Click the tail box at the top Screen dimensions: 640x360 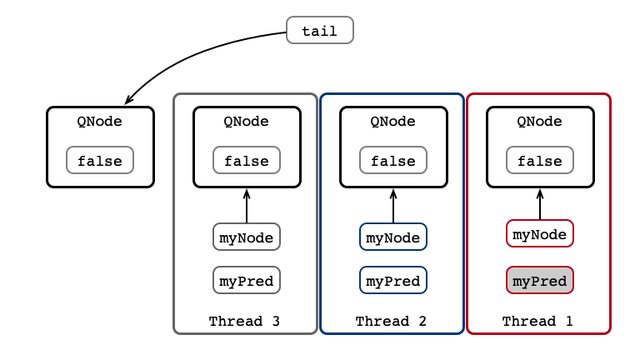pyautogui.click(x=320, y=30)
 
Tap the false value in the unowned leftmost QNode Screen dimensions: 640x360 pyautogui.click(x=100, y=160)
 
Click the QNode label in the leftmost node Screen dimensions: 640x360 pyautogui.click(x=100, y=121)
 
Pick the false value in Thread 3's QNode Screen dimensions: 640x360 pyautogui.click(x=247, y=160)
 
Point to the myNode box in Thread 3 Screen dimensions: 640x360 pyautogui.click(x=247, y=237)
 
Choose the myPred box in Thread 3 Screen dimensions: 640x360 pyautogui.click(x=247, y=280)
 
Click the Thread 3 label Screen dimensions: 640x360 pyautogui.click(x=244, y=321)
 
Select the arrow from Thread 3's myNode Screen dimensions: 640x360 pyautogui.click(x=247, y=206)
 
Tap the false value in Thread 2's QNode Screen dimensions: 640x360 pyautogui.click(x=393, y=160)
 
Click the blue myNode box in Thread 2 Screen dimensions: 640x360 pyautogui.click(x=393, y=237)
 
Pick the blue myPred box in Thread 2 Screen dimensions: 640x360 pyautogui.click(x=393, y=280)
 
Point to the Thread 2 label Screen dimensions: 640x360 pyautogui.click(x=391, y=321)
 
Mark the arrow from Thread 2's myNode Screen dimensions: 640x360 pyautogui.click(x=393, y=206)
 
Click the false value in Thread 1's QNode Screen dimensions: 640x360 pyautogui.click(x=540, y=160)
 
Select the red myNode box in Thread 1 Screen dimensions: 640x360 pyautogui.click(x=540, y=233)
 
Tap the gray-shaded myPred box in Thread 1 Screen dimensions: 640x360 pyautogui.click(x=540, y=280)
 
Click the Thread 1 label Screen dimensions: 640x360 pyautogui.click(x=537, y=321)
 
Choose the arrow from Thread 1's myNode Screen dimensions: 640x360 pyautogui.click(x=540, y=204)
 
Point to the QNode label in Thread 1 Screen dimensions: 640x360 pyautogui.click(x=539, y=121)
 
